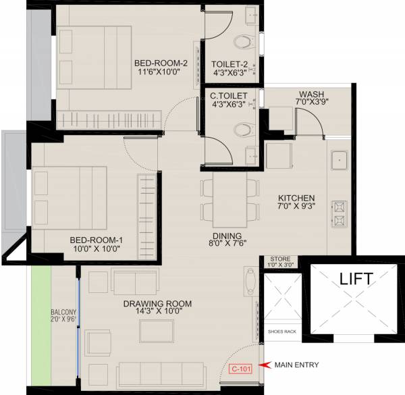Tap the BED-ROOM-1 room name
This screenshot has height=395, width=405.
point(97,239)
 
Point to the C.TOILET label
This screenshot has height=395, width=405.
point(228,96)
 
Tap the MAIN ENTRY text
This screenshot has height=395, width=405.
point(296,365)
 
